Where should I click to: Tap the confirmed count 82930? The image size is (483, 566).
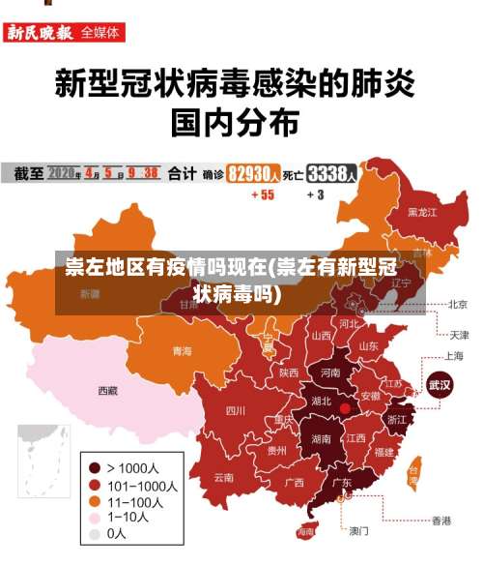click(x=253, y=174)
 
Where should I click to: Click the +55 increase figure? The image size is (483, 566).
click(x=262, y=194)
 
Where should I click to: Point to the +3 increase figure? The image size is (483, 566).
click(x=315, y=194)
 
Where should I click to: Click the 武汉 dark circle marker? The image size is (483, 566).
click(x=440, y=384)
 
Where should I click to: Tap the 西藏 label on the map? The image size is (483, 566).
click(x=107, y=391)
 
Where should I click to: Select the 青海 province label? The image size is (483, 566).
click(x=182, y=350)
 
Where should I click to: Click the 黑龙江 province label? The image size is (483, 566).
click(x=421, y=211)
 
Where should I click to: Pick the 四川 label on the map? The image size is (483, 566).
click(x=235, y=410)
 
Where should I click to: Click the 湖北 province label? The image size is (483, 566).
click(x=320, y=401)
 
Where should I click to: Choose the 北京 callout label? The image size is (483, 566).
click(x=458, y=304)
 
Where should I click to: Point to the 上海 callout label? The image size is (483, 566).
click(x=454, y=356)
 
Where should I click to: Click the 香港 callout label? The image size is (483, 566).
click(x=440, y=521)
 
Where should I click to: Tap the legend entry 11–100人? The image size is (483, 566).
click(x=132, y=501)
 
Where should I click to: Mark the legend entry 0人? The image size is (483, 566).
click(x=116, y=533)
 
